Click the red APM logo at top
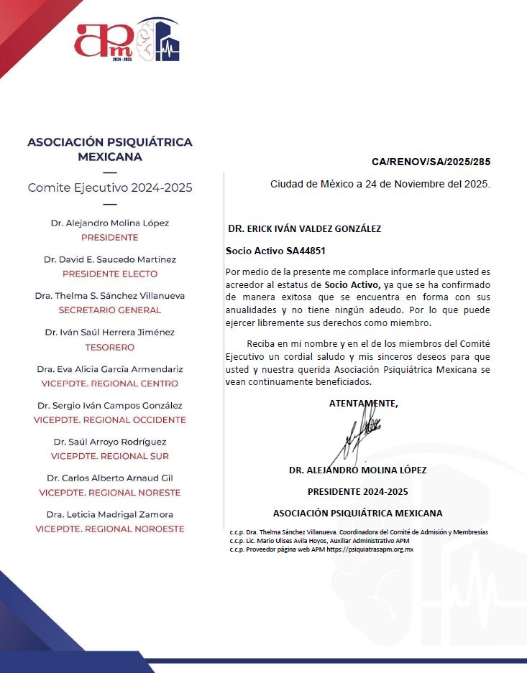(x=104, y=40)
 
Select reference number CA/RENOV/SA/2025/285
(x=431, y=162)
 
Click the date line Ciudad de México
(x=380, y=184)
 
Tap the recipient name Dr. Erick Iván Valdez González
(x=304, y=228)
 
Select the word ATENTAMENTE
(x=363, y=404)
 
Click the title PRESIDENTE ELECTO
(x=110, y=274)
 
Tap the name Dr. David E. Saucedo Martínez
(x=110, y=259)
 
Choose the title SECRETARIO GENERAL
(x=110, y=310)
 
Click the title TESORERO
(x=110, y=347)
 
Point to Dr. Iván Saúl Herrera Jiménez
(x=110, y=333)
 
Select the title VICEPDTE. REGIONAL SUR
(x=110, y=456)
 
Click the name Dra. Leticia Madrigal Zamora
(x=110, y=514)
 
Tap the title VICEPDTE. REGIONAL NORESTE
(x=110, y=493)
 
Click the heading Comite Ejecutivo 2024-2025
(x=110, y=188)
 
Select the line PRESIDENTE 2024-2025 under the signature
(x=357, y=492)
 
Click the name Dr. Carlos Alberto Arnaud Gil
(x=110, y=478)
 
